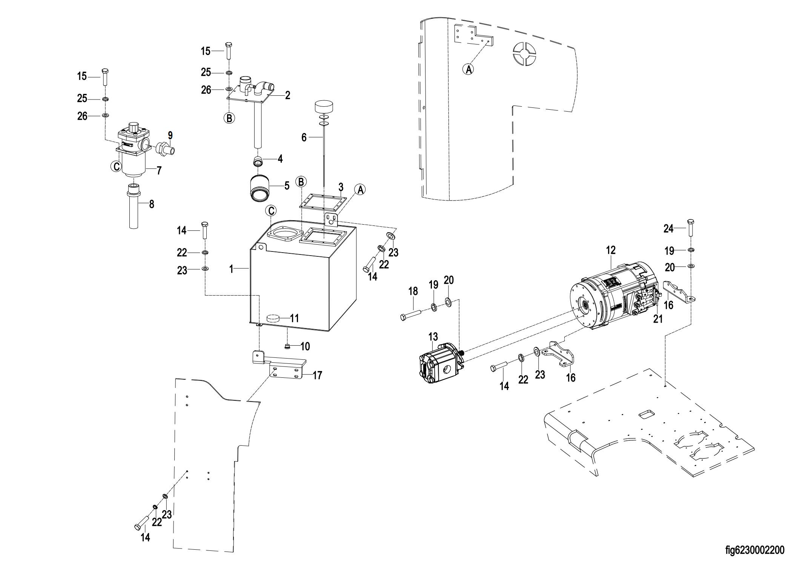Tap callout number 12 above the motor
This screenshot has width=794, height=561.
pyautogui.click(x=611, y=250)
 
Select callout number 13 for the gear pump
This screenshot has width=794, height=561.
pyautogui.click(x=433, y=336)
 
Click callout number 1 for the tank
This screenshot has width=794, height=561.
pyautogui.click(x=232, y=269)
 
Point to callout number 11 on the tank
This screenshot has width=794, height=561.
pyautogui.click(x=294, y=318)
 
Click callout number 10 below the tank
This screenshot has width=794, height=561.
pyautogui.click(x=305, y=346)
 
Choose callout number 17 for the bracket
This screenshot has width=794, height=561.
pyautogui.click(x=317, y=375)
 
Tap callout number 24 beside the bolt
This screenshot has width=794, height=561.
pyautogui.click(x=668, y=228)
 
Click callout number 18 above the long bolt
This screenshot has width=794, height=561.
pyautogui.click(x=413, y=291)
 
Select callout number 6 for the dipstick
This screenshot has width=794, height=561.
pyautogui.click(x=304, y=138)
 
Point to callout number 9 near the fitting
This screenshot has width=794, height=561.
pyautogui.click(x=170, y=135)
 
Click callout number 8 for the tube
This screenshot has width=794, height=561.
pyautogui.click(x=152, y=204)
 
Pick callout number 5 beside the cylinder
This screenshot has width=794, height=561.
pyautogui.click(x=287, y=185)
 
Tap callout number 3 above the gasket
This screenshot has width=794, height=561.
pyautogui.click(x=341, y=187)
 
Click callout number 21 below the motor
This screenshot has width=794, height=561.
pyautogui.click(x=658, y=319)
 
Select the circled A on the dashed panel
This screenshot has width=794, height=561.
pyautogui.click(x=468, y=69)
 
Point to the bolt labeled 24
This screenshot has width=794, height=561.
pyautogui.click(x=691, y=227)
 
